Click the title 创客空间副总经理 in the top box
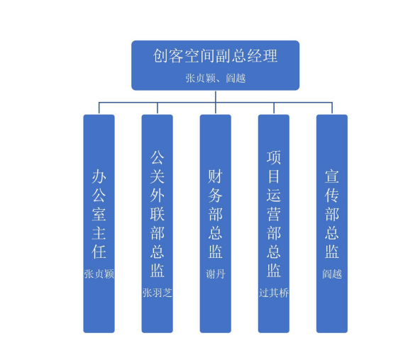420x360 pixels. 216,56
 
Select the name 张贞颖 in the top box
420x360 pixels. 200,79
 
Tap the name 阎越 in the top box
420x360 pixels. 236,79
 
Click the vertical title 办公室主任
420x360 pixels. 99,214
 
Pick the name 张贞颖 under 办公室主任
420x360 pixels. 99,274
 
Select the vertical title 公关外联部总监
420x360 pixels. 157,214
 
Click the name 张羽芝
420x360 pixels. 157,293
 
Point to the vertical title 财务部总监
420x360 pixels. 216,214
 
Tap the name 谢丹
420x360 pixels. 216,274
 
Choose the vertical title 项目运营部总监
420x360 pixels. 273,214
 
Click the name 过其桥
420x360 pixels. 273,293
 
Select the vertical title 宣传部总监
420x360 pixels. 332,214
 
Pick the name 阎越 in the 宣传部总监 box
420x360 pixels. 332,274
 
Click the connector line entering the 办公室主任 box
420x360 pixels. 99,108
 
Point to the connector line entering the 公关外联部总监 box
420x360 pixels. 157,108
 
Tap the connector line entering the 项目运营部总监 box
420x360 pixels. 274,108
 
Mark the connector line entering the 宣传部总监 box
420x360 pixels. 332,108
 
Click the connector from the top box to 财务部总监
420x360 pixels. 216,103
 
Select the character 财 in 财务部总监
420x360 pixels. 216,176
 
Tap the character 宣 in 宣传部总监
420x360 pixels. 332,176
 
